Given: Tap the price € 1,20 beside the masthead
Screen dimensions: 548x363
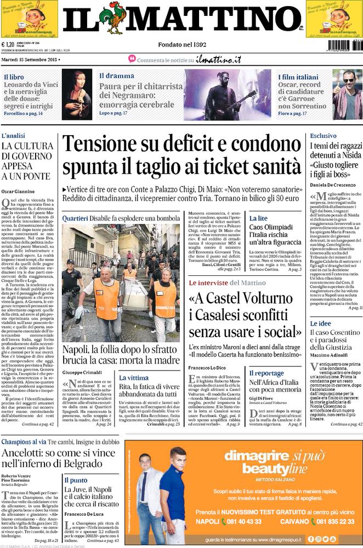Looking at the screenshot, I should pyautogui.click(x=8, y=45).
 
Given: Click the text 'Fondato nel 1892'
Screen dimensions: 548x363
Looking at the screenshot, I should pyautogui.click(x=181, y=44).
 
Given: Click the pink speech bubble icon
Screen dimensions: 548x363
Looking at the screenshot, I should pyautogui.click(x=132, y=59).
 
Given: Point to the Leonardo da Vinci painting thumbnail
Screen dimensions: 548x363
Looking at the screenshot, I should pyautogui.click(x=77, y=94).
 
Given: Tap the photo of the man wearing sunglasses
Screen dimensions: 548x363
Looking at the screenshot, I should pyautogui.click(x=348, y=94).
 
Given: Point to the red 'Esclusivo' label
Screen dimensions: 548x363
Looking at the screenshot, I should pyautogui.click(x=323, y=135).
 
